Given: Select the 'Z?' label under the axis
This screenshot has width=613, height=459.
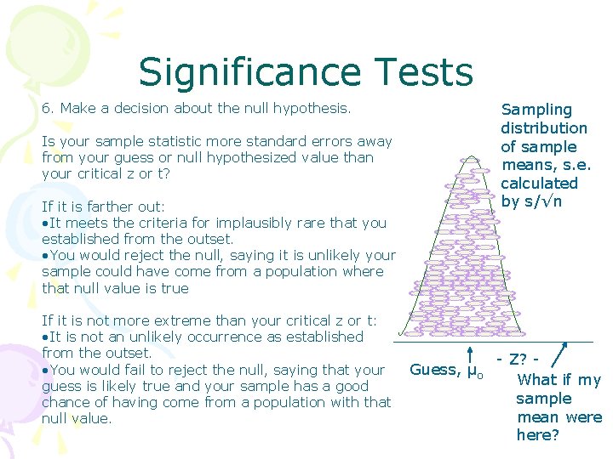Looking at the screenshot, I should [x=518, y=360].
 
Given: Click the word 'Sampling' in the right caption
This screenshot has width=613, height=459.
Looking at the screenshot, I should [x=536, y=110].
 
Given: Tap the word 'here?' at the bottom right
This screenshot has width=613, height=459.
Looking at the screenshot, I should [x=538, y=435].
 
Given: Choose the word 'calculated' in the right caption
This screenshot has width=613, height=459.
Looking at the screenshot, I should [x=539, y=183].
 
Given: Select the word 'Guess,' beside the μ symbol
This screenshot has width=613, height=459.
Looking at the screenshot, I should [x=435, y=370].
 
